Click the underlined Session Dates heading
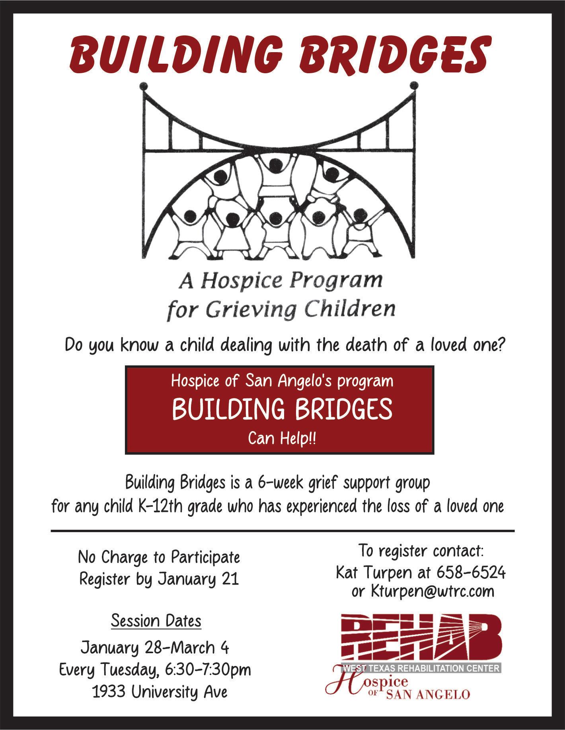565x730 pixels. tap(156, 621)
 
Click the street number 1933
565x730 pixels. tap(109, 692)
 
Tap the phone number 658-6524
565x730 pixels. tap(471, 572)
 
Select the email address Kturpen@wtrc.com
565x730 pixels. tap(433, 591)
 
